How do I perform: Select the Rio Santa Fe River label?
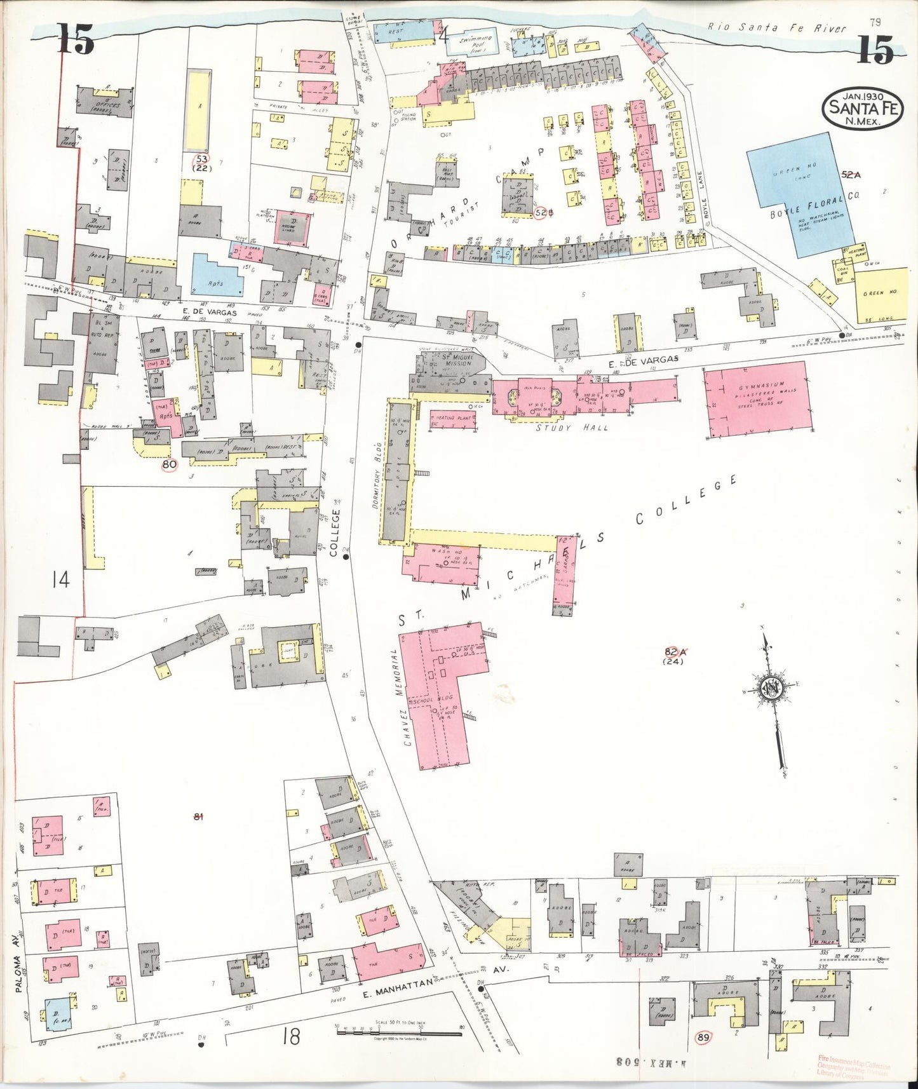point(778,28)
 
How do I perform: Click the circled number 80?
point(169,464)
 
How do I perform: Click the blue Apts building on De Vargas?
point(217,276)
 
